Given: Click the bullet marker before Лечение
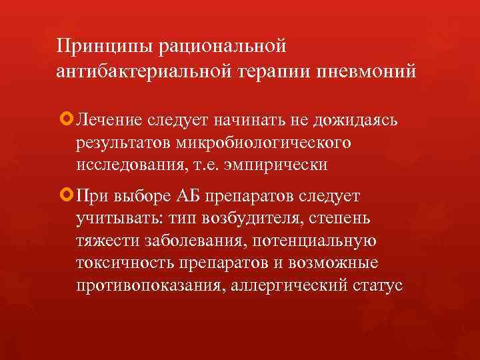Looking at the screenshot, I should point(65,120).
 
